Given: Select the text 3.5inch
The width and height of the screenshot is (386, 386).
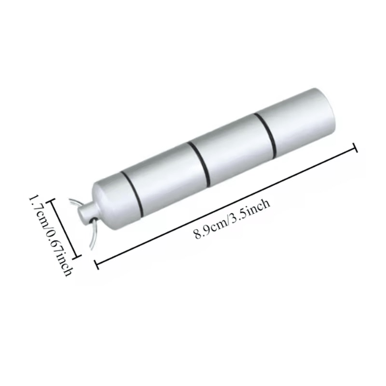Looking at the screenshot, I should (251, 210).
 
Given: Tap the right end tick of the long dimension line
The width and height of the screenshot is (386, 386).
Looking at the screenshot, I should (356, 147).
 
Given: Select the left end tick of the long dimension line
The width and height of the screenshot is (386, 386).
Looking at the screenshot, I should (96, 263).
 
